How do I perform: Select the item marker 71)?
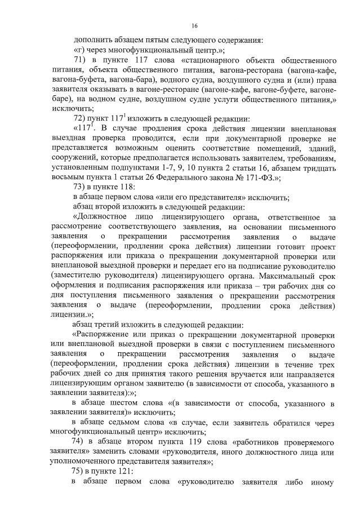tap(81, 60)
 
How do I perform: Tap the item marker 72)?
tap(81, 118)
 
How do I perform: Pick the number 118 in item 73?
tap(127, 187)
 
